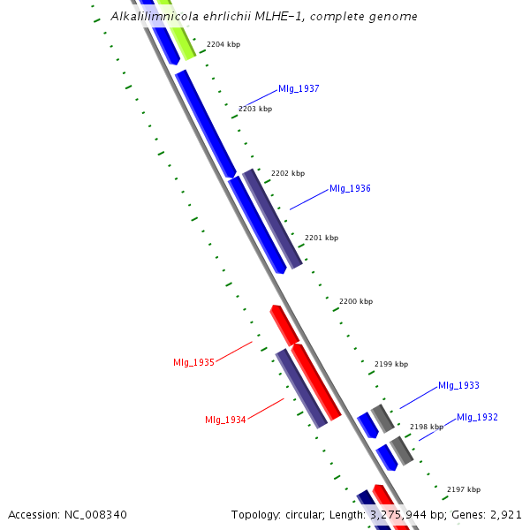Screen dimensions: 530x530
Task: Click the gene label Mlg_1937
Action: click(299, 88)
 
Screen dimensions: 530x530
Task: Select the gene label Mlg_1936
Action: click(350, 188)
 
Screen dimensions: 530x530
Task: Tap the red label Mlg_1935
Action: click(194, 362)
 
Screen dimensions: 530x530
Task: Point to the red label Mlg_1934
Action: click(225, 420)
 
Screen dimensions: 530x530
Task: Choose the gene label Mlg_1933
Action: click(458, 385)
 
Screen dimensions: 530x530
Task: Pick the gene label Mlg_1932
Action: click(477, 417)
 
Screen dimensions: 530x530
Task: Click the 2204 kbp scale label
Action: click(223, 44)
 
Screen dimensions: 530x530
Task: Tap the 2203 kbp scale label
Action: click(255, 109)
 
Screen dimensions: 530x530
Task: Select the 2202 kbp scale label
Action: click(288, 173)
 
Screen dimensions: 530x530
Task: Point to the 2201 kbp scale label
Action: click(322, 238)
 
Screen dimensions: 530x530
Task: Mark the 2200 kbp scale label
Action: click(356, 301)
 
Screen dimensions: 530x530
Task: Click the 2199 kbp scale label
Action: click(391, 364)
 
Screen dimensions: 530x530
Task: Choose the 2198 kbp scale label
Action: click(427, 427)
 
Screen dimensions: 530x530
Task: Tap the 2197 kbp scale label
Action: click(464, 489)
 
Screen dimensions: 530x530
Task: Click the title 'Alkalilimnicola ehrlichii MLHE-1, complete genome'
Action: click(264, 17)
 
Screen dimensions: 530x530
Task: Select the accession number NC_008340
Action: click(67, 514)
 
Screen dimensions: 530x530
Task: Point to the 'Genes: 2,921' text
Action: click(490, 514)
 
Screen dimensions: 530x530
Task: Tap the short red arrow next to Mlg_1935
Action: click(284, 324)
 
